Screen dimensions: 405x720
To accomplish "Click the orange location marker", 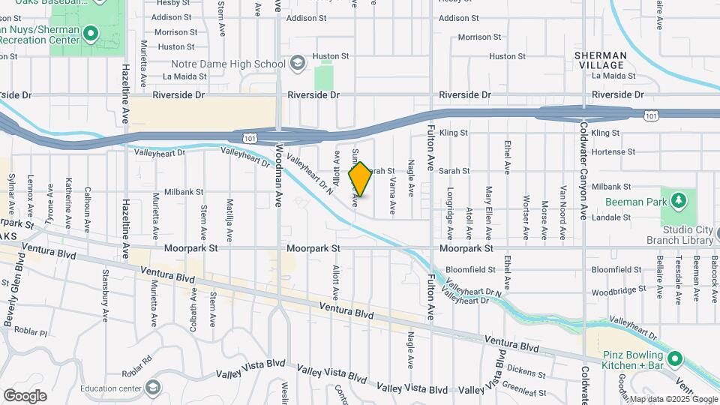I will (360, 181).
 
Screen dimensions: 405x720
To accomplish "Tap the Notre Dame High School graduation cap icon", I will (298, 62).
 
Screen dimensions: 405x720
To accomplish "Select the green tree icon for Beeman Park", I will (678, 200).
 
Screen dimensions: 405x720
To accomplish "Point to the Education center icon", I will (154, 388).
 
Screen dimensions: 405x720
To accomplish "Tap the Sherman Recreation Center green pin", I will (91, 33).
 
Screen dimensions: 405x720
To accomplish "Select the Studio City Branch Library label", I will (679, 235).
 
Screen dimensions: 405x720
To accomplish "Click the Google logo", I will (25, 395).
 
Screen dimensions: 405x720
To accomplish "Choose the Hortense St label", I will (607, 151).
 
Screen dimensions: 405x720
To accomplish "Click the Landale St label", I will (611, 217).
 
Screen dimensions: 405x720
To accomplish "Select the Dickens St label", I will (526, 368).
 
